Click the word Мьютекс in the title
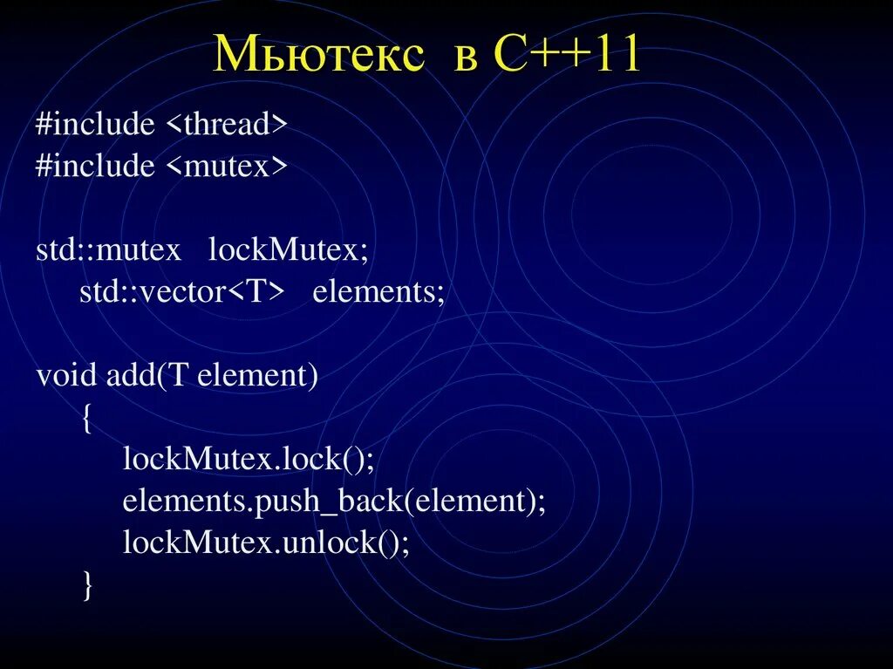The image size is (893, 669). coord(319,56)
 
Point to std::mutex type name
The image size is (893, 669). coord(108,250)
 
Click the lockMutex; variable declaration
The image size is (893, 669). coord(289,250)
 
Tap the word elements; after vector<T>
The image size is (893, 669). coord(378,291)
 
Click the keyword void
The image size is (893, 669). coord(67,376)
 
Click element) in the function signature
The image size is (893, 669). coord(258,376)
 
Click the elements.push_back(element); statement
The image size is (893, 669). coord(334,501)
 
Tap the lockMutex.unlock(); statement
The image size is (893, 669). coord(266,542)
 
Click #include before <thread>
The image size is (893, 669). coord(95,125)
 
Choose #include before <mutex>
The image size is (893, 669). coord(95,166)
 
